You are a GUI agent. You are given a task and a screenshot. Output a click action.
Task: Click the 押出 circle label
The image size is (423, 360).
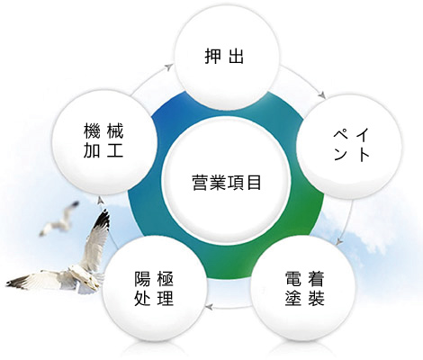(x=224, y=56)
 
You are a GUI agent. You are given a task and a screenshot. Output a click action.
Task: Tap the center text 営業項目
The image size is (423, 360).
(x=227, y=182)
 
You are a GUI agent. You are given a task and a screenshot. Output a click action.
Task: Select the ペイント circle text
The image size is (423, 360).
(x=351, y=145)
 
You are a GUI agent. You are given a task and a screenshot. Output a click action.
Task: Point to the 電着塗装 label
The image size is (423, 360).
(x=305, y=288)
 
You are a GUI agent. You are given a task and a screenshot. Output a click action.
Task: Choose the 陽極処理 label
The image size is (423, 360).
(x=154, y=288)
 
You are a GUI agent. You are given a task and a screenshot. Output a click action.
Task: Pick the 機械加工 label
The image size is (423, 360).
(x=103, y=140)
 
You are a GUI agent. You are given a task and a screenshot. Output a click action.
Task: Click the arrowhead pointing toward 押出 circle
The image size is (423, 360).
(x=169, y=67)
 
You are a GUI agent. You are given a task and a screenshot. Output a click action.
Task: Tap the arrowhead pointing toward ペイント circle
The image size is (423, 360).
(x=322, y=95)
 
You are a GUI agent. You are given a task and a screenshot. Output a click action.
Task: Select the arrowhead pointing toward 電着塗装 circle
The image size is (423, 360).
(x=339, y=241)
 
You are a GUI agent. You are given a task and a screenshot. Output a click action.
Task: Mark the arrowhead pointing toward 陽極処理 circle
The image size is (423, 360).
(x=209, y=307)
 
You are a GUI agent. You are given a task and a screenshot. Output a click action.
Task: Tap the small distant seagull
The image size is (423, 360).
(x=60, y=219)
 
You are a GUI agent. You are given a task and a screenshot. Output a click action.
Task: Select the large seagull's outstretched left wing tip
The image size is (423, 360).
(x=8, y=283)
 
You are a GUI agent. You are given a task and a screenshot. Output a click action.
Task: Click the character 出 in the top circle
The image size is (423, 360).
(x=236, y=56)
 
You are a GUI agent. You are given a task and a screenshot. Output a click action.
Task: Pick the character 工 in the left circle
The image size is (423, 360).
(x=115, y=150)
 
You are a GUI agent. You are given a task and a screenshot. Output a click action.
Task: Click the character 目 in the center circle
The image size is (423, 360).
(x=254, y=182)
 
